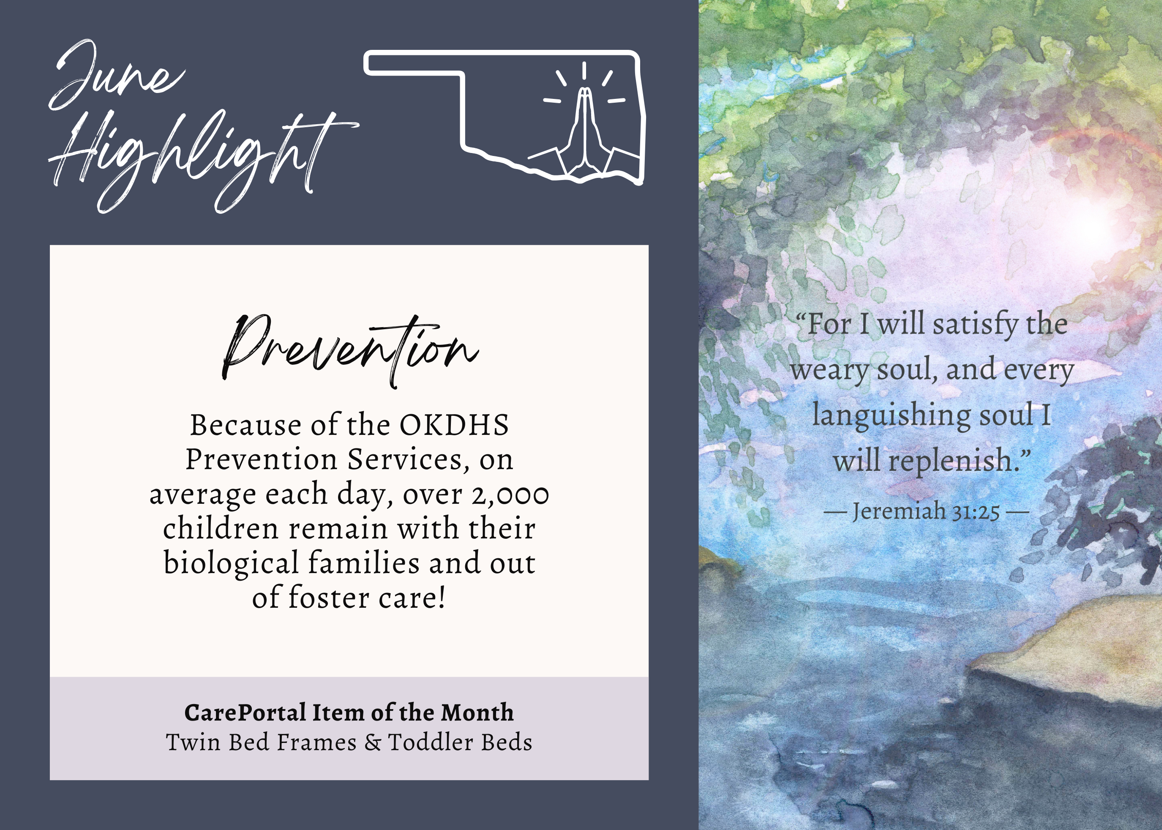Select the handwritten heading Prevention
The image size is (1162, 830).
click(350, 350)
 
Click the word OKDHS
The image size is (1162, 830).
click(454, 425)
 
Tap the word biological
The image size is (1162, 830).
click(231, 564)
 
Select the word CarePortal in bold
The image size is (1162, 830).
click(245, 713)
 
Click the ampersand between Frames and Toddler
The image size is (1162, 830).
click(373, 743)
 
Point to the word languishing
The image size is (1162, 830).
click(891, 415)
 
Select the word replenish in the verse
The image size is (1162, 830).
click(950, 461)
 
